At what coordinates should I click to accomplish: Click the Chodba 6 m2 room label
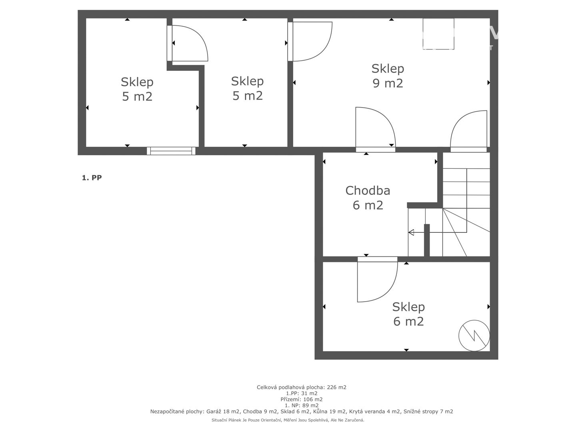368,198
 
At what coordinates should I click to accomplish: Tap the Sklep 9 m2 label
388,76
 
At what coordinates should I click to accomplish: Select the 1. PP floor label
92,178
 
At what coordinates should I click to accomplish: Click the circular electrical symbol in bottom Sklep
474,335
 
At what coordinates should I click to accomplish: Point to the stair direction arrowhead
411,232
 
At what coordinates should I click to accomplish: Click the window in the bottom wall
171,151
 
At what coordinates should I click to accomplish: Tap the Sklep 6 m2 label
408,314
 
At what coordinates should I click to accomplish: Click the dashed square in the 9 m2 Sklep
438,34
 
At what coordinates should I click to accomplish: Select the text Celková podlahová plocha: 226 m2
301,387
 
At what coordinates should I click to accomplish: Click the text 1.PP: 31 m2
302,393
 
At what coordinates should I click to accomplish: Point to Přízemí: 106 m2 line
301,399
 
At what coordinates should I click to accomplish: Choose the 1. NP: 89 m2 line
302,405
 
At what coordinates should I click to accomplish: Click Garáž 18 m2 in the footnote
223,411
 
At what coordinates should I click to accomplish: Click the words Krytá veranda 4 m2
375,411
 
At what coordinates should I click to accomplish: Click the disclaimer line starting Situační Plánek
288,420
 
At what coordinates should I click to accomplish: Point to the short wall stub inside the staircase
427,240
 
